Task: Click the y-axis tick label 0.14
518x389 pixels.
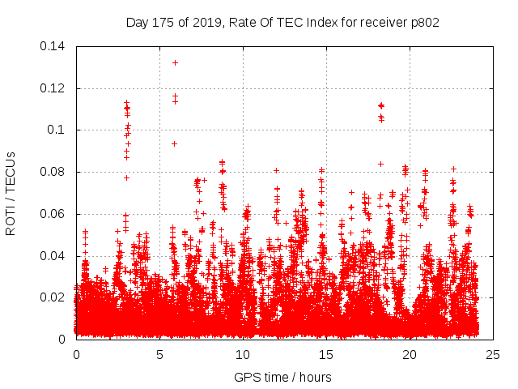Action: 54,46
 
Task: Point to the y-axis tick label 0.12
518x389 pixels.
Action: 54,88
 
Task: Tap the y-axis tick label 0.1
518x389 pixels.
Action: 57,130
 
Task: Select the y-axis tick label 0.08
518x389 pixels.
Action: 54,172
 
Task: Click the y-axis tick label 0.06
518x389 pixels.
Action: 54,214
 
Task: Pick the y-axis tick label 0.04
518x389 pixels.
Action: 54,256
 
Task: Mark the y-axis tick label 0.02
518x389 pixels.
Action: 54,297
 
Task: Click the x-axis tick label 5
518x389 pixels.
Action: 159,354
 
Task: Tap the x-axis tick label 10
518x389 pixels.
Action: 243,354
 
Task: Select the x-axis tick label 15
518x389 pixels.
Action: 326,354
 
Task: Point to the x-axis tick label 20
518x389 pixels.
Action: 410,354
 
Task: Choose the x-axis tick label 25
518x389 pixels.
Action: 493,354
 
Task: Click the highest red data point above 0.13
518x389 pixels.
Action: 175,62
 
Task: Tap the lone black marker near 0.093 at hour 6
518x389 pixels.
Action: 174,143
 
